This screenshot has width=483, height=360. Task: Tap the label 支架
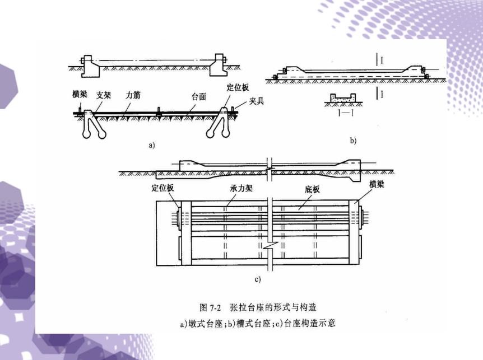click(103, 95)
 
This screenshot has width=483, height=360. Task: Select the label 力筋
click(133, 95)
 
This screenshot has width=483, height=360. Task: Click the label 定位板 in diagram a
click(237, 88)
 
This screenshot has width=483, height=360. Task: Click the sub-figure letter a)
click(151, 145)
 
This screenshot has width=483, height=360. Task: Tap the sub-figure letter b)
click(353, 141)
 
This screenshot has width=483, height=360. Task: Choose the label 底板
click(312, 190)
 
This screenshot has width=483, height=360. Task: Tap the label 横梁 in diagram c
click(377, 184)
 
